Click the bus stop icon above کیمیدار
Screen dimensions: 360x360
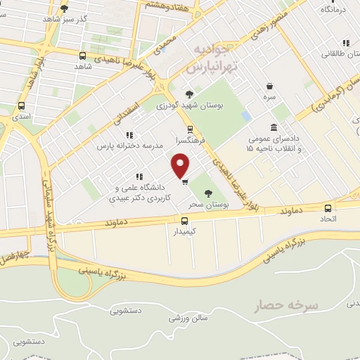pos(181,219)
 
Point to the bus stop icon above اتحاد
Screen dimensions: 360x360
pos(327,207)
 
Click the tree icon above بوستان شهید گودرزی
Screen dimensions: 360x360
pos(188,94)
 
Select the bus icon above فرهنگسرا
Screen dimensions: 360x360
pos(190,129)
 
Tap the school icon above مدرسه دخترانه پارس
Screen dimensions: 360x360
pos(129,134)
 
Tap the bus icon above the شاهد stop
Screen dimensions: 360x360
pos(83,56)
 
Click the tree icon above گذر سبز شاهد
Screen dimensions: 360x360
pos(65,9)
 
